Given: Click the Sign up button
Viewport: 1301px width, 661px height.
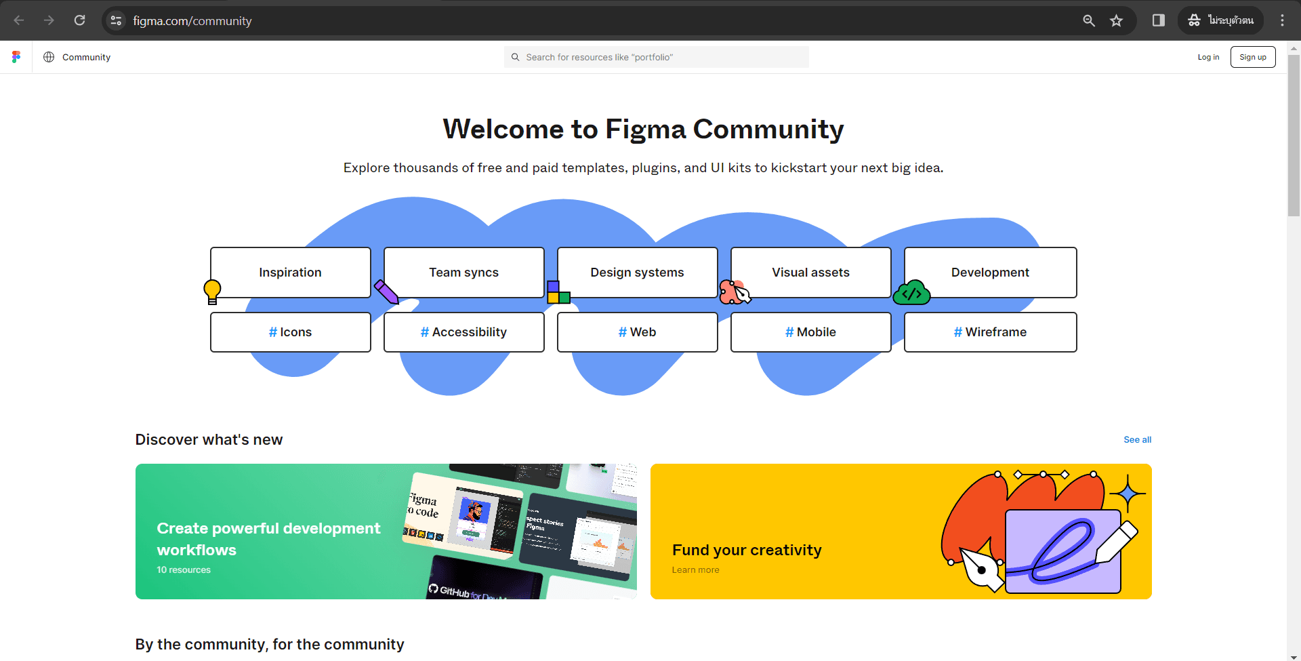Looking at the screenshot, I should point(1252,57).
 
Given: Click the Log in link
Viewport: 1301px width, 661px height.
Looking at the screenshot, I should point(1207,57).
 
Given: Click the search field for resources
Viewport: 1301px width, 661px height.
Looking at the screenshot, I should point(656,57).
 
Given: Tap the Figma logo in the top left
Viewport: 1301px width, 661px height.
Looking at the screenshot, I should point(16,57).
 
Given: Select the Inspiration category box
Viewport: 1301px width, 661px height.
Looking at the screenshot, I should point(290,272).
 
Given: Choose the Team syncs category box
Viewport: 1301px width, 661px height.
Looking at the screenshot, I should point(463,272).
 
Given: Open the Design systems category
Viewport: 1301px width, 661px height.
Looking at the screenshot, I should point(637,272).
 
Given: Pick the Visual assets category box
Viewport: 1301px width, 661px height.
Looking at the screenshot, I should point(810,272).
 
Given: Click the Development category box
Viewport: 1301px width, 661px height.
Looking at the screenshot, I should point(989,272).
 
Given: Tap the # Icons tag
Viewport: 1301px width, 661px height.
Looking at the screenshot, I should point(290,332).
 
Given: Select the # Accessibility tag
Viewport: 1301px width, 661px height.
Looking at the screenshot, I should point(463,332).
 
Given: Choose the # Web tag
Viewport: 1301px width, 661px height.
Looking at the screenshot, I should point(637,332).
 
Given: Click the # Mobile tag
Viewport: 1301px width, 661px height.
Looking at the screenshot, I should point(810,332).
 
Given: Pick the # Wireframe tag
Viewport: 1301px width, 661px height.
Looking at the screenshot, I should point(989,332).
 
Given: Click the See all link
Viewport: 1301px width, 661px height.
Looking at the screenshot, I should point(1137,439).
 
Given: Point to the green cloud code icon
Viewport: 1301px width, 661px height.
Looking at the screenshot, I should point(911,293).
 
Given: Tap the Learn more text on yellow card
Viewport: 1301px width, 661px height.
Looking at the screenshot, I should point(695,570).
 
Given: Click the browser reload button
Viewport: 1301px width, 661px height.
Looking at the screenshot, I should point(79,20).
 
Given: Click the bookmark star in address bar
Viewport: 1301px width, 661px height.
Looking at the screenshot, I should point(1116,20).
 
